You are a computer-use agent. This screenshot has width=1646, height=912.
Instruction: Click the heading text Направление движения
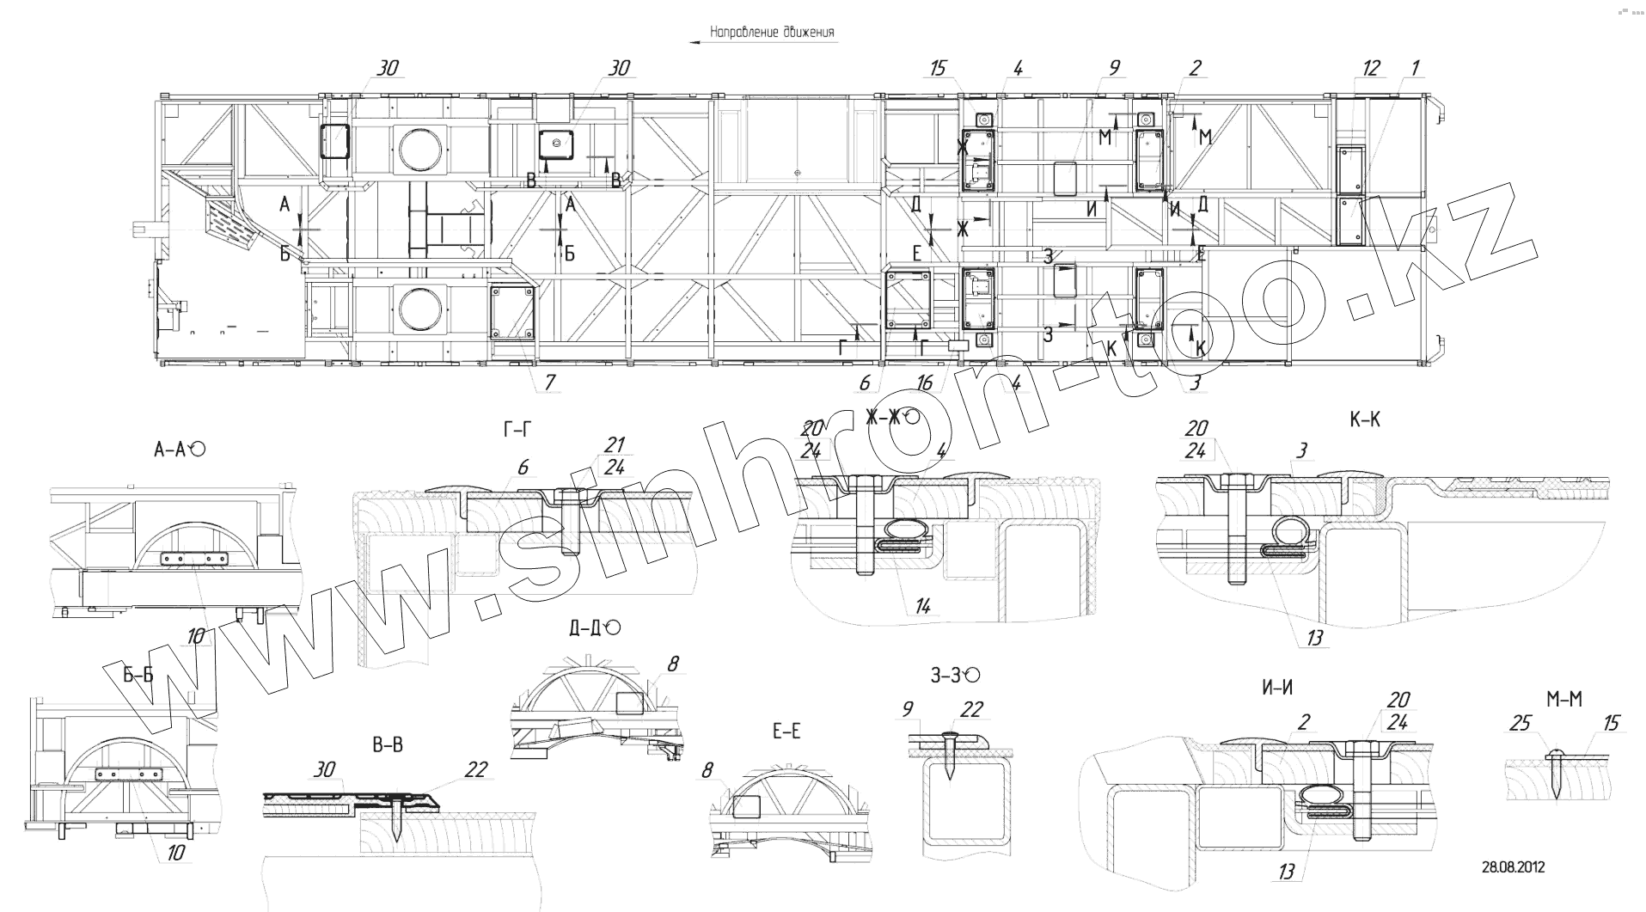(x=772, y=33)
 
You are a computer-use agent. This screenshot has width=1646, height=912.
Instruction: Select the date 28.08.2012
(x=1512, y=866)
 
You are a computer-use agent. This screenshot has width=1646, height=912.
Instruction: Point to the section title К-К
(x=1365, y=419)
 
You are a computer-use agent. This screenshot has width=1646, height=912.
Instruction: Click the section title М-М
(x=1564, y=700)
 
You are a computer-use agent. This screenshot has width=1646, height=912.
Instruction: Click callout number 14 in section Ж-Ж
(x=922, y=607)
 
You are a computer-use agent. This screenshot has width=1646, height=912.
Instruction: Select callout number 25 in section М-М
(x=1521, y=723)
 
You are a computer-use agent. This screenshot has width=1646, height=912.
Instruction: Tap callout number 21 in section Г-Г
(x=614, y=445)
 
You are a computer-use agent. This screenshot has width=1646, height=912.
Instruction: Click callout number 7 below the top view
(x=549, y=383)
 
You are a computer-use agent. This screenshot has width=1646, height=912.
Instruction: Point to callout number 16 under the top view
(x=925, y=383)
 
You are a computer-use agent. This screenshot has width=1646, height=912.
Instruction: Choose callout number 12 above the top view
(x=1370, y=68)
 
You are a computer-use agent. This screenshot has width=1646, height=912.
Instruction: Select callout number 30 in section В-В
(x=324, y=769)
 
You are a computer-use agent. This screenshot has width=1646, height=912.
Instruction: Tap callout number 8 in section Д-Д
(x=673, y=664)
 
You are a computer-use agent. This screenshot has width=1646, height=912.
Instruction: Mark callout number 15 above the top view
(x=938, y=68)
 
